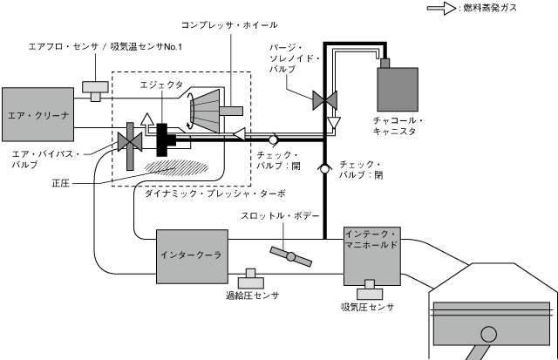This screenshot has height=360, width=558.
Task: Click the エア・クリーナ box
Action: click(36, 112)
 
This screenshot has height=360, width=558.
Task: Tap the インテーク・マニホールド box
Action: click(372, 253)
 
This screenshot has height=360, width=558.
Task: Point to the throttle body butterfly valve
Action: click(291, 256)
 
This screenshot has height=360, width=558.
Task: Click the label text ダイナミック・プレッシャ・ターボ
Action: click(216, 193)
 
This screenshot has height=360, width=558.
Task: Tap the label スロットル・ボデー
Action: click(280, 216)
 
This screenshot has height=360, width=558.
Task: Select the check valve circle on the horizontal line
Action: click(273, 139)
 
